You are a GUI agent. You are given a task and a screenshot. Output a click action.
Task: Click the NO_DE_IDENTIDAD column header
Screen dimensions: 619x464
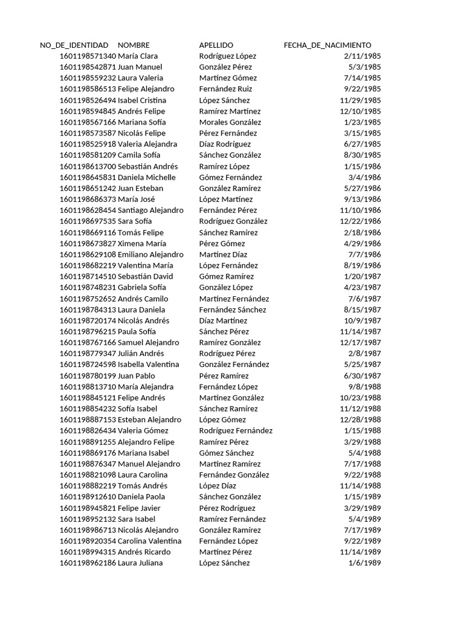tap(74, 45)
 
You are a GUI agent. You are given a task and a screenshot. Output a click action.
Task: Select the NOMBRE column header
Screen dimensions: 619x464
tap(134, 45)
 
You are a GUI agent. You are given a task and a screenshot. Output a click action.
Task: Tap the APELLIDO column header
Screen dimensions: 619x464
tap(216, 45)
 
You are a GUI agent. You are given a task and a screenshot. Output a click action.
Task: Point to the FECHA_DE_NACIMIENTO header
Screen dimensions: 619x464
tap(327, 45)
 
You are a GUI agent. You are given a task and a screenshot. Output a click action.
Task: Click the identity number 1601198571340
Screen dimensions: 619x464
tap(88, 56)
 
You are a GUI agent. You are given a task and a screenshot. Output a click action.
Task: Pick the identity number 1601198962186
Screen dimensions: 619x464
tap(88, 563)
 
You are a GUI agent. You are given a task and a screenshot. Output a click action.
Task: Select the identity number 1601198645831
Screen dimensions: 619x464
tap(88, 178)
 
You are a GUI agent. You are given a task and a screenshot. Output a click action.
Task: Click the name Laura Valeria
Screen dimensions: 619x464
tap(140, 78)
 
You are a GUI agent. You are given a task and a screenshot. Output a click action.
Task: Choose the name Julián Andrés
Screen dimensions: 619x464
tap(141, 354)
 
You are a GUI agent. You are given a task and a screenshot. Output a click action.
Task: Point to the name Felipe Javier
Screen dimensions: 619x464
tap(139, 508)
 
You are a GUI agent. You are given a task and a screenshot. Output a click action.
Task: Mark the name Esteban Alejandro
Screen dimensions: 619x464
tap(149, 420)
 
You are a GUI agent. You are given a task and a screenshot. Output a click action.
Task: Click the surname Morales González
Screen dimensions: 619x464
tap(230, 122)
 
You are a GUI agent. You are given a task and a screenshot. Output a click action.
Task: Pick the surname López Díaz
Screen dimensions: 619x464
tap(217, 486)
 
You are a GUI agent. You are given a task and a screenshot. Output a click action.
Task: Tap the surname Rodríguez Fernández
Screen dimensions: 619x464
tap(236, 431)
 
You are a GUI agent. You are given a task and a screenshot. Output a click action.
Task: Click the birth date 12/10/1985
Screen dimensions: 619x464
tap(360, 111)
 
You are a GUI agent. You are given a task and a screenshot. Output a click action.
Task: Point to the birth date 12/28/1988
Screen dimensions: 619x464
tap(360, 420)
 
